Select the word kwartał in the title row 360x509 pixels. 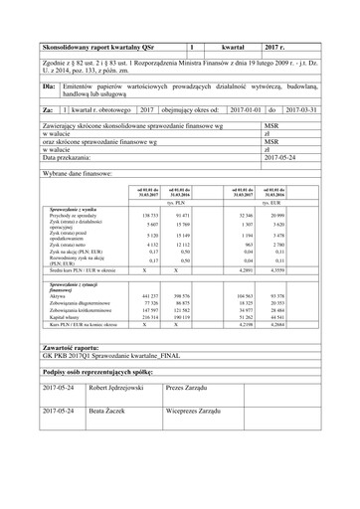tap(233, 47)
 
